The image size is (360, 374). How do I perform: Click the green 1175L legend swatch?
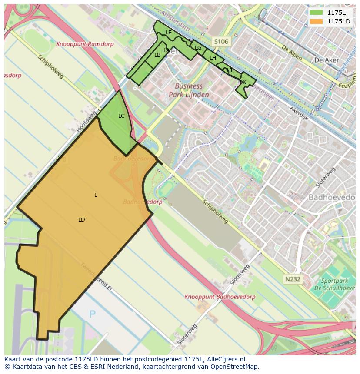coord(316,13)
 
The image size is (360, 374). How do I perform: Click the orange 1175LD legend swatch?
coord(316,21)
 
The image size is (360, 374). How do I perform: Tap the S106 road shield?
coord(220,42)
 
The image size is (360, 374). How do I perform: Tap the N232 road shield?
coord(293,279)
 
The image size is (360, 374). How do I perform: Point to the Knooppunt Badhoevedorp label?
coord(220,297)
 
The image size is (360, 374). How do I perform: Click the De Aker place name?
coord(324,60)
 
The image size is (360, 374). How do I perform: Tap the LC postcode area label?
coord(121,116)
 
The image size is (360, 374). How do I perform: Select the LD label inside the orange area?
coord(81,220)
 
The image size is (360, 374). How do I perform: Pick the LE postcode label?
coord(169,33)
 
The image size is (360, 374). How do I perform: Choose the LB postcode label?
coord(157,55)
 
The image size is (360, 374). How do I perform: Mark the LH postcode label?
coord(213,58)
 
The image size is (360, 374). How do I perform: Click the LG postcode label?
coord(198,48)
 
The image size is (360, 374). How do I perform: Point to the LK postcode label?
coord(243,83)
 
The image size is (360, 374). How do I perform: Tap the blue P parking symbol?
coord(92,314)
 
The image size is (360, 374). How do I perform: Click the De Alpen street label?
coord(291,54)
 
